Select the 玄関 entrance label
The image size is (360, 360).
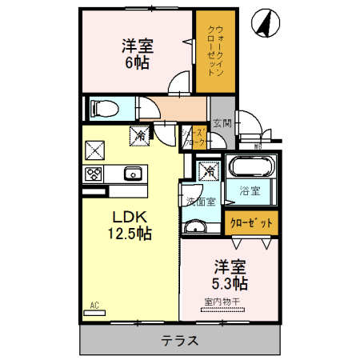(222, 123)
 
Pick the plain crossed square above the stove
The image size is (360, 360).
(94, 150)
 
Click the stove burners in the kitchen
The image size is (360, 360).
(94, 175)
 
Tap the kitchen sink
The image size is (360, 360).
(132, 174)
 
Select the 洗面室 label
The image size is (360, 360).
(199, 201)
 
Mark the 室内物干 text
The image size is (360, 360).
(227, 301)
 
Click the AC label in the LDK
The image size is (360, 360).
(94, 305)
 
